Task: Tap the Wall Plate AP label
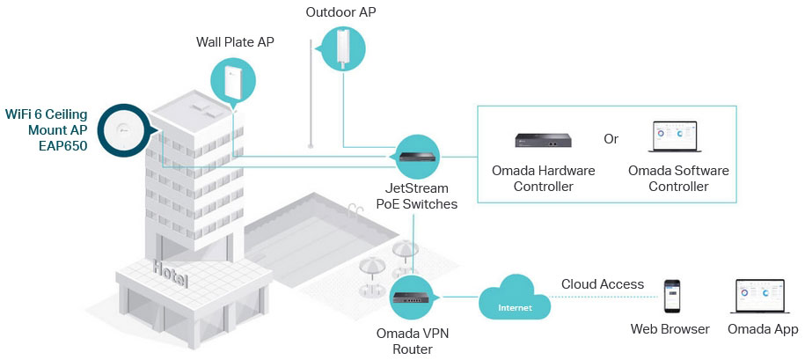pyautogui.click(x=233, y=41)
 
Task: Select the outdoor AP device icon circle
pyautogui.click(x=340, y=48)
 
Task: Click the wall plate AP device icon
pyautogui.click(x=233, y=79)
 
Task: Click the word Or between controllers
pyautogui.click(x=611, y=139)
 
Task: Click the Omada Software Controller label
pyautogui.click(x=678, y=178)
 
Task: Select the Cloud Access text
pyautogui.click(x=603, y=284)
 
